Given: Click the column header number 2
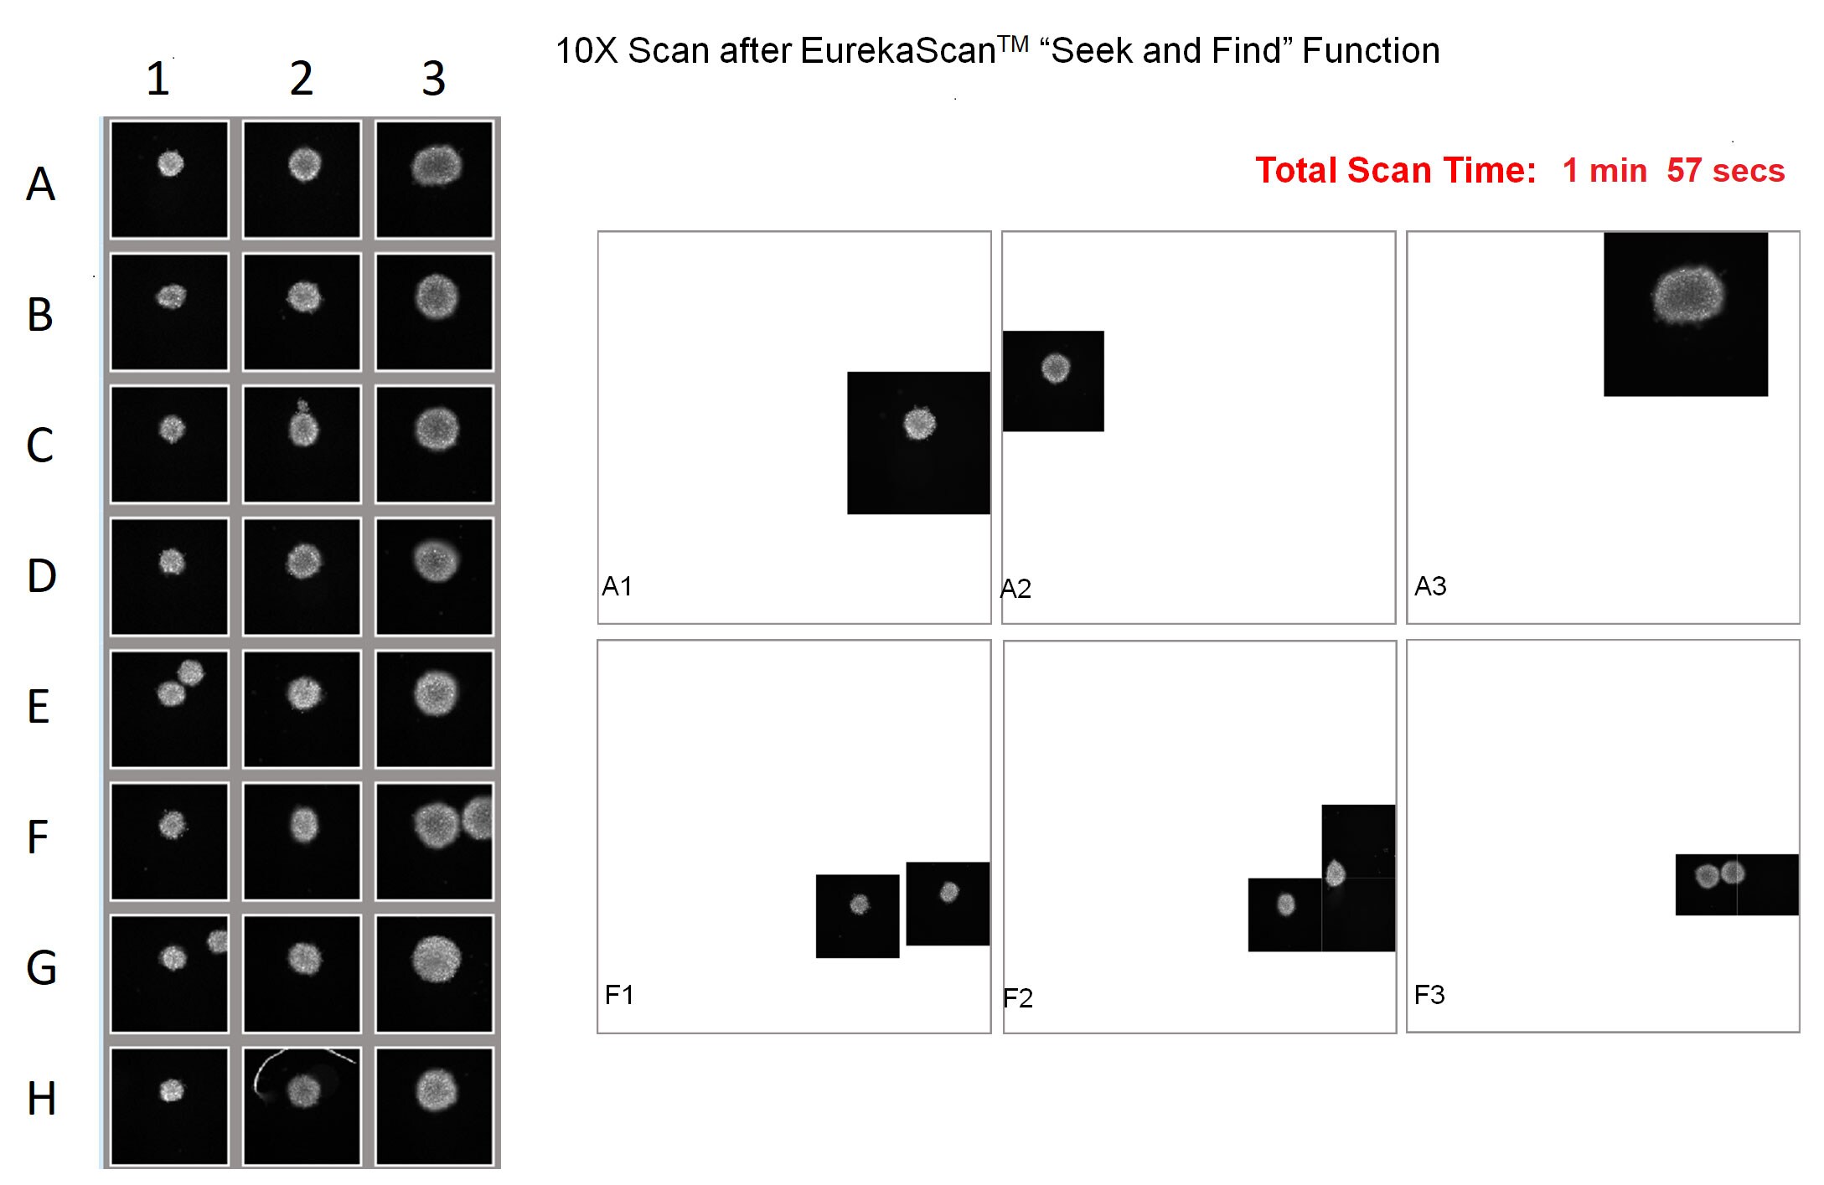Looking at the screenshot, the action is [x=302, y=79].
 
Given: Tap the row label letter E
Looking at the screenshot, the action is [x=39, y=707].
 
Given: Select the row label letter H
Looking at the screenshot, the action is [x=41, y=1099].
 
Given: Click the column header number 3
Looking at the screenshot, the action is [x=433, y=79].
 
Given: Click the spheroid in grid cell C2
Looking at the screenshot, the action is [x=303, y=429].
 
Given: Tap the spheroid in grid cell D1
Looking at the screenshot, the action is [x=172, y=561].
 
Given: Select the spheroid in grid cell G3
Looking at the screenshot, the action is [x=437, y=958].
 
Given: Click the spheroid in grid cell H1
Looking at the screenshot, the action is [x=172, y=1090].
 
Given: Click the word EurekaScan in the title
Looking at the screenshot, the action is [x=896, y=51].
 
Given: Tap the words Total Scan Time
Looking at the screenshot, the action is [x=1395, y=171].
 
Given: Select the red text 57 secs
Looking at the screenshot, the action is [x=1725, y=171].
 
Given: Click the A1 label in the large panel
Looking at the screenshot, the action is [x=617, y=586].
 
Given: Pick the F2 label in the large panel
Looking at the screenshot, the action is [x=1018, y=997].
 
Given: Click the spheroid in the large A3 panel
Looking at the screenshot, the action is [x=1687, y=295].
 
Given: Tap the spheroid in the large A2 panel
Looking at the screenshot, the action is [x=1055, y=368].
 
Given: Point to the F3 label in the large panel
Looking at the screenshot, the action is [x=1429, y=995].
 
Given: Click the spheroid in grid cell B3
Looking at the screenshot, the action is [x=437, y=296].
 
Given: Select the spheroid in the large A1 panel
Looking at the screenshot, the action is [x=919, y=423].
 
